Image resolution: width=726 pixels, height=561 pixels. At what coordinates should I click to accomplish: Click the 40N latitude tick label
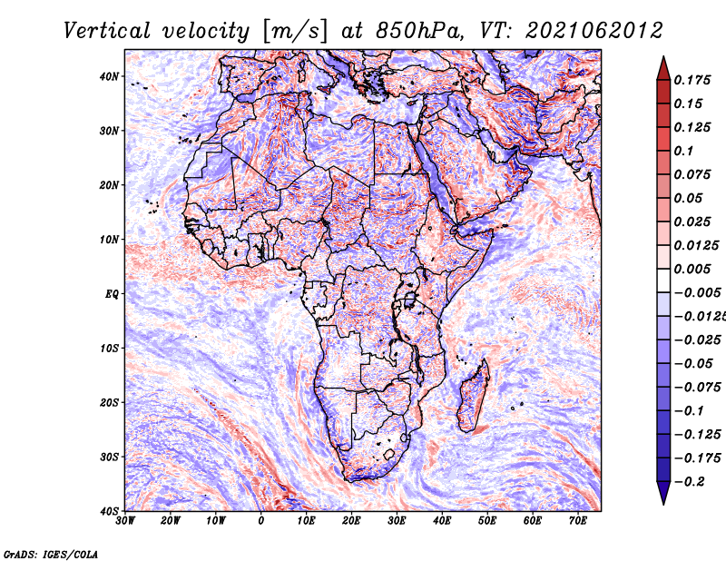click(x=109, y=76)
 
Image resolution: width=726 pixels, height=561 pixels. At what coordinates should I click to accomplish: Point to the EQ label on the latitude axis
click(x=112, y=294)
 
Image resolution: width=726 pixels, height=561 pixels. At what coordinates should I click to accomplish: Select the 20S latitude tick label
click(x=109, y=402)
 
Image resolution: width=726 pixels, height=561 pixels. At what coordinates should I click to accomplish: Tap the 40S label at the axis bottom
click(x=109, y=511)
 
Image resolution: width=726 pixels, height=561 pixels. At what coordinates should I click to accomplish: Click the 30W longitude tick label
click(x=125, y=521)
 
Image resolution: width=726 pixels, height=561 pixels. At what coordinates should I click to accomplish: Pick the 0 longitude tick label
click(x=261, y=521)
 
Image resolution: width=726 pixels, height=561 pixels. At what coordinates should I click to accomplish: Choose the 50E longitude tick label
click(x=487, y=521)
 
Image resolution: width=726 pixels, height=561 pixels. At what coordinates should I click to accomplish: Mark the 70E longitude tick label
click(x=577, y=521)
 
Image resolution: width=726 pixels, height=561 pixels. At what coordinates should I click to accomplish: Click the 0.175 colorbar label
click(x=692, y=80)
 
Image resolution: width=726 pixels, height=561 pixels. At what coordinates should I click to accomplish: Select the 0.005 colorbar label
click(x=692, y=269)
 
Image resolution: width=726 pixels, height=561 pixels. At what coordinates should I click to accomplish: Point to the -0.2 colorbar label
click(x=690, y=482)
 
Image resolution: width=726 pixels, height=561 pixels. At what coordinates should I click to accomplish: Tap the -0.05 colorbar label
click(x=693, y=364)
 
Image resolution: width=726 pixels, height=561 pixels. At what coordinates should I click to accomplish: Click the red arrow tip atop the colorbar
click(x=663, y=57)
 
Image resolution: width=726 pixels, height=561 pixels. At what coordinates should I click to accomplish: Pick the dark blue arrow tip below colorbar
click(x=663, y=504)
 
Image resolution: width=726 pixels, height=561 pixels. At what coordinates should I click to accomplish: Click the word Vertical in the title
click(x=107, y=31)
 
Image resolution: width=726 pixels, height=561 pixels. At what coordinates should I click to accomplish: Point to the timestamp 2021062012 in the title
click(x=594, y=31)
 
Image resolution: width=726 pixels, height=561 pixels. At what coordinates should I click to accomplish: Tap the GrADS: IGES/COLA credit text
click(x=51, y=554)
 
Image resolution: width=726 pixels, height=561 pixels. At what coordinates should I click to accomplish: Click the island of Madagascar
click(x=473, y=396)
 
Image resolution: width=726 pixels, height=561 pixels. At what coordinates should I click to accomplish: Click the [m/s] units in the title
click(x=295, y=32)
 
